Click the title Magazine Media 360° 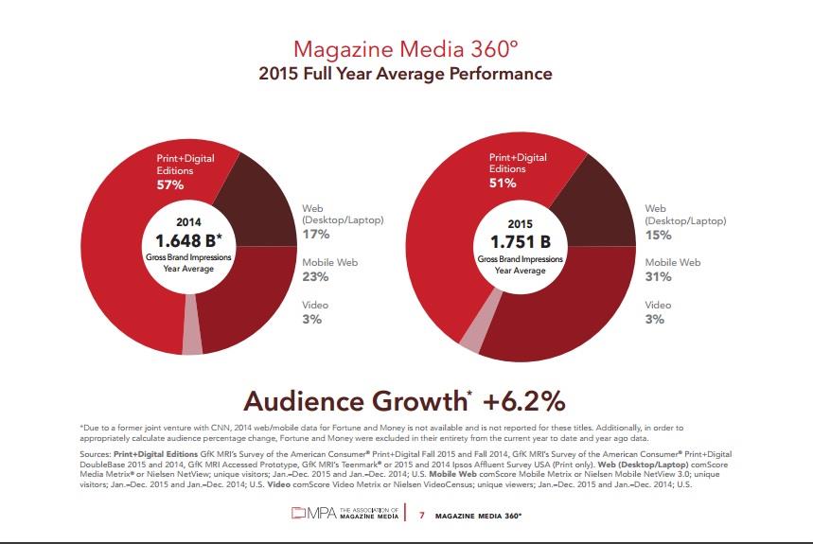click(x=406, y=48)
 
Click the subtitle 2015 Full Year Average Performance click(x=406, y=74)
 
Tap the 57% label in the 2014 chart click(x=171, y=186)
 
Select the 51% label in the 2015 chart click(x=503, y=183)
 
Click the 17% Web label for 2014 click(x=315, y=234)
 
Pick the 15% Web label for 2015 click(x=658, y=234)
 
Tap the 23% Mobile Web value click(x=315, y=277)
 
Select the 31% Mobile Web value click(x=658, y=277)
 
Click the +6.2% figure click(x=527, y=401)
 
